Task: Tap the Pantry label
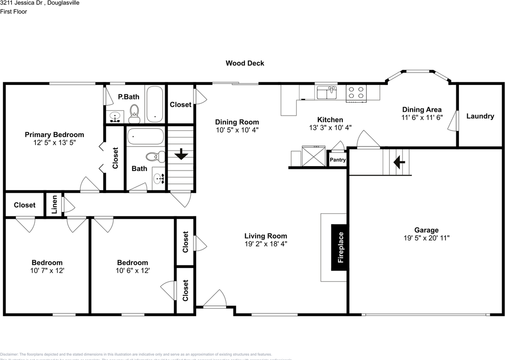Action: (338, 160)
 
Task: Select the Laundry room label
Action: (480, 116)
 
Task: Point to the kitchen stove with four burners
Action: (356, 93)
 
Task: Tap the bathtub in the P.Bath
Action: (154, 104)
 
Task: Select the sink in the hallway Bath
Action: (159, 179)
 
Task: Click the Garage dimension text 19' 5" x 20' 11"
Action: (426, 238)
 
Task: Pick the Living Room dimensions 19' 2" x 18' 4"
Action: (266, 244)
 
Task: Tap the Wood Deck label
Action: (245, 63)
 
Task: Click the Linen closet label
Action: (54, 204)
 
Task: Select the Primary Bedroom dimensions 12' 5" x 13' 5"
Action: (54, 142)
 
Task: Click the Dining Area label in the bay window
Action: (422, 109)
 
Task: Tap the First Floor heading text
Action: (13, 11)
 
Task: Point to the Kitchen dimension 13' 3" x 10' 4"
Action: (330, 127)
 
